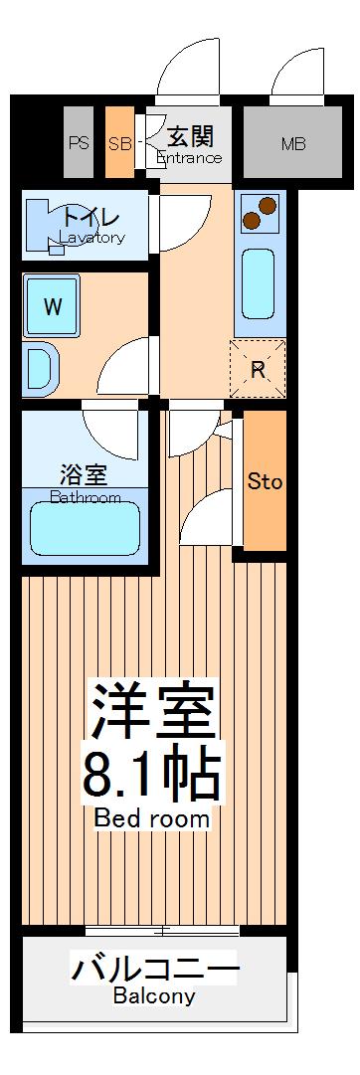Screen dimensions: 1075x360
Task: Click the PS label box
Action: point(79,143)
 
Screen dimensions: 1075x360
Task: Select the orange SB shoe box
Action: point(119,143)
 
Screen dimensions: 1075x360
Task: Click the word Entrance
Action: point(189,158)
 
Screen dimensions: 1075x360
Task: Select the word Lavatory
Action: point(91,238)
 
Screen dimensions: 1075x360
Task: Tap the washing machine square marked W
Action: point(52,305)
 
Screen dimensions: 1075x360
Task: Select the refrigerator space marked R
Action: point(258,369)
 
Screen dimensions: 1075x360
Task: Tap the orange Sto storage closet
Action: point(265,481)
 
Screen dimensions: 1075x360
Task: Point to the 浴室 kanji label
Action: point(85,475)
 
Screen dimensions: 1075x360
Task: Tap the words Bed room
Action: point(152,818)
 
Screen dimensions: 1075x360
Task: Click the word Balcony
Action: point(153,995)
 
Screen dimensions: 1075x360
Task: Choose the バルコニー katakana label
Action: point(154,968)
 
